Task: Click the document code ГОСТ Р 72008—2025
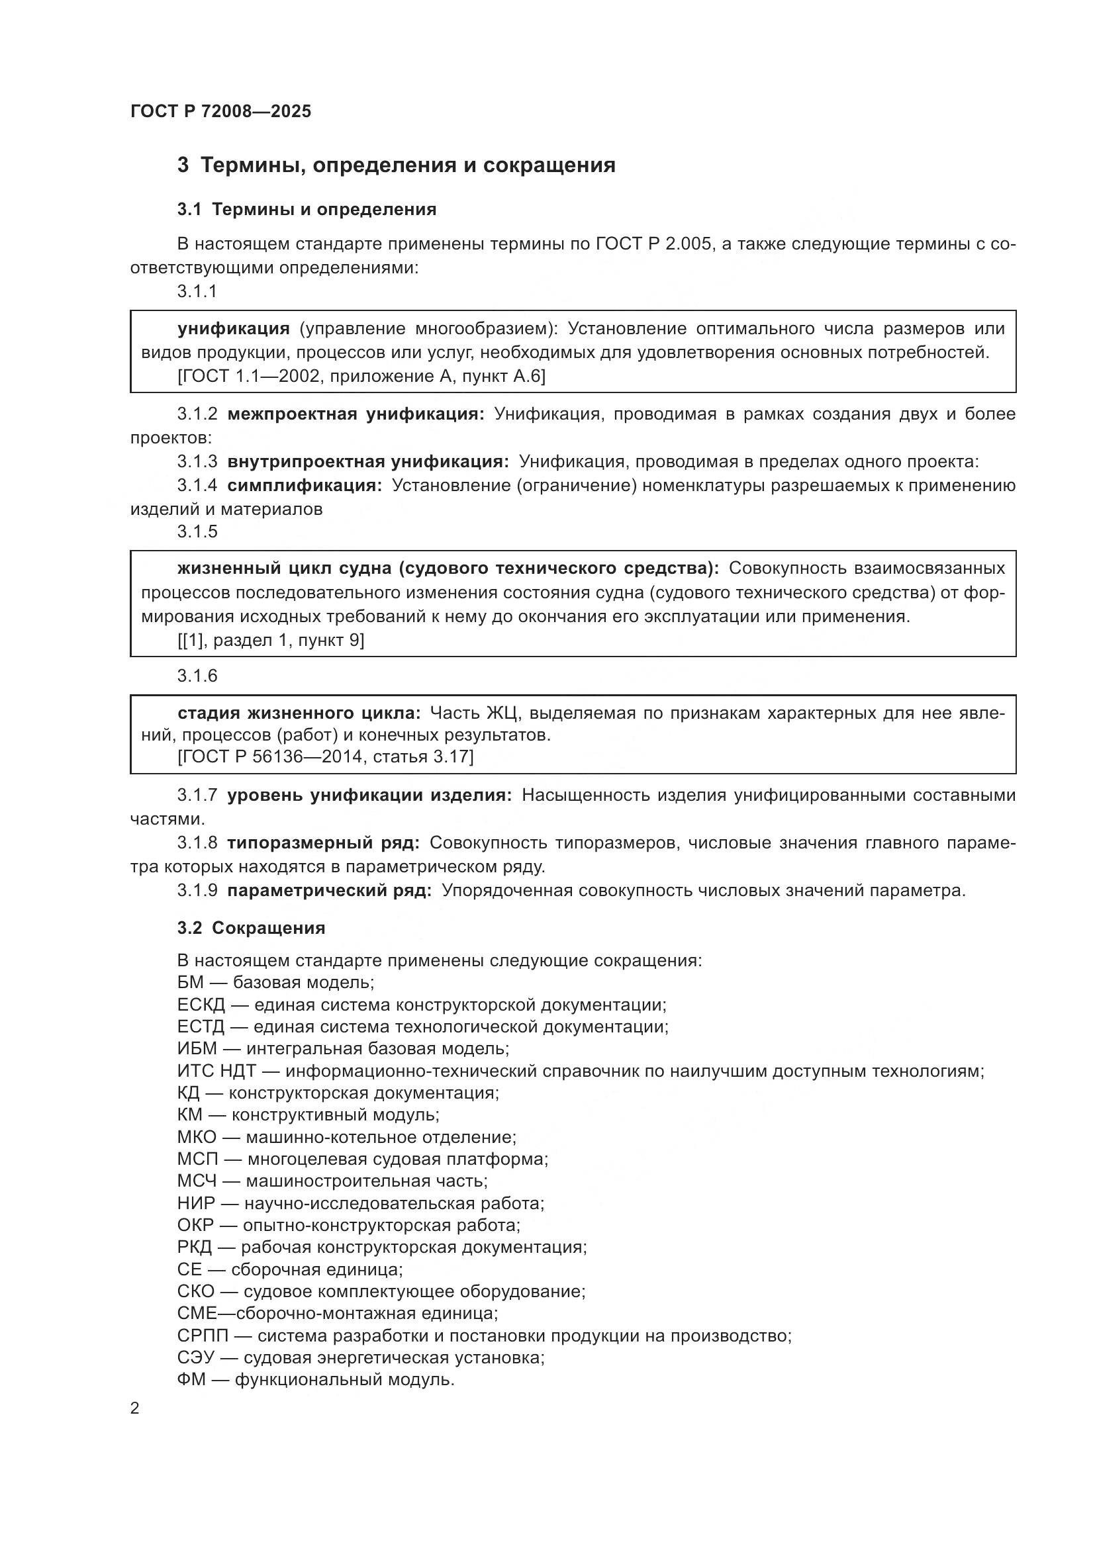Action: pos(220,111)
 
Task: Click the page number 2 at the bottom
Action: pos(135,1408)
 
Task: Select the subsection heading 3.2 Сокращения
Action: pos(251,928)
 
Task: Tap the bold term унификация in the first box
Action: pos(233,328)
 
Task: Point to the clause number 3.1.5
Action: pos(197,531)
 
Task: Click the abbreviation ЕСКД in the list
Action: pos(201,1005)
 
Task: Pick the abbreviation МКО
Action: pos(197,1137)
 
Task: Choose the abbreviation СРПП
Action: pos(203,1335)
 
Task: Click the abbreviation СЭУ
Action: pos(195,1357)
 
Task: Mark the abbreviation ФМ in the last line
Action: pos(191,1379)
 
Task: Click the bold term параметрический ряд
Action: pos(329,890)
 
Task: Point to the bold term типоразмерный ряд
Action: pos(324,842)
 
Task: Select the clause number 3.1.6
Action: pos(197,676)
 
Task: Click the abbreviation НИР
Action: pos(196,1203)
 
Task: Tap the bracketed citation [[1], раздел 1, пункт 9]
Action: pos(270,640)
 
